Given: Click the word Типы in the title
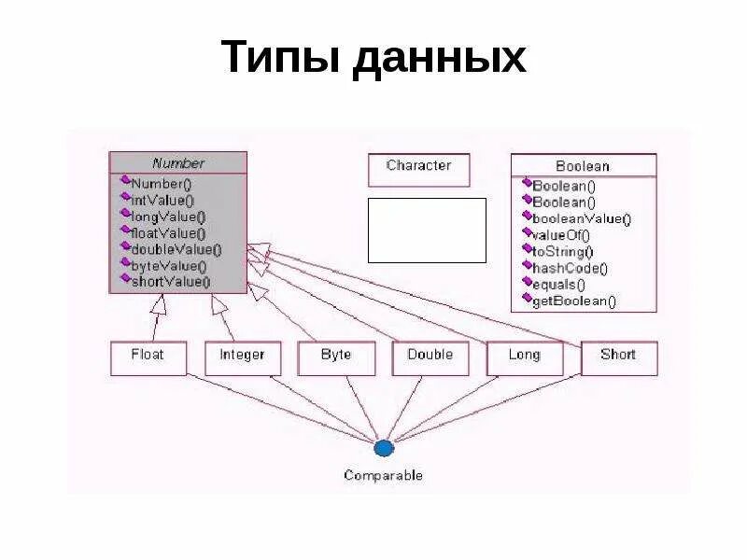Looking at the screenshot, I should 280,58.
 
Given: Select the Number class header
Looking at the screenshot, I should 178,162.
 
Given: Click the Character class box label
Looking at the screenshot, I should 418,165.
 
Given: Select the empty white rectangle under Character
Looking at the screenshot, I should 427,230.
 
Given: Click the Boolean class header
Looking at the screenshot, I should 583,166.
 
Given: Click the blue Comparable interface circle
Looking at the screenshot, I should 384,448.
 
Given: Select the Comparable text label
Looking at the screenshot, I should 383,476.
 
